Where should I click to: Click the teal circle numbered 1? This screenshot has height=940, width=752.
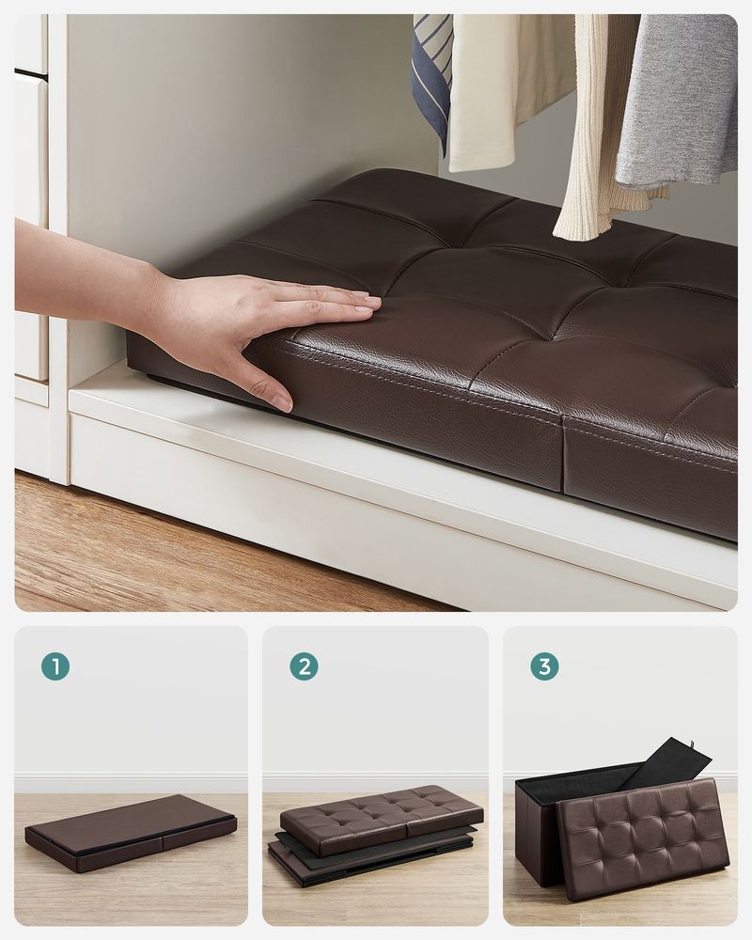tap(55, 666)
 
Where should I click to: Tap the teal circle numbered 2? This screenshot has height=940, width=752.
tap(303, 666)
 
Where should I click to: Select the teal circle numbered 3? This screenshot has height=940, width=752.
tap(544, 666)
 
